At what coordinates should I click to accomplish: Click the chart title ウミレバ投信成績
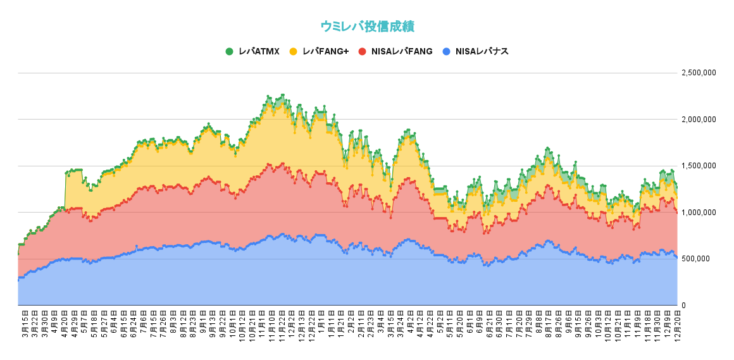pyautogui.click(x=367, y=26)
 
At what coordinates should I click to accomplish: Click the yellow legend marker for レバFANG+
pyautogui.click(x=293, y=51)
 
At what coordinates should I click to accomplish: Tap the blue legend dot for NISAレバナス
pyautogui.click(x=447, y=51)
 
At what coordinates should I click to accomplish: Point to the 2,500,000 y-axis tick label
pyautogui.click(x=699, y=73)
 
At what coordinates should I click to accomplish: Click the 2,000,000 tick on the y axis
pyautogui.click(x=699, y=120)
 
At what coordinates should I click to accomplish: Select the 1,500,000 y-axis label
pyautogui.click(x=699, y=166)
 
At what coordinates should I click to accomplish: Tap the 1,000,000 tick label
pyautogui.click(x=699, y=213)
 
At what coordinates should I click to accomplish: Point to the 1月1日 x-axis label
pyautogui.click(x=320, y=322)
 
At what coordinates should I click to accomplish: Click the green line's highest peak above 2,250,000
pyautogui.click(x=282, y=95)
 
